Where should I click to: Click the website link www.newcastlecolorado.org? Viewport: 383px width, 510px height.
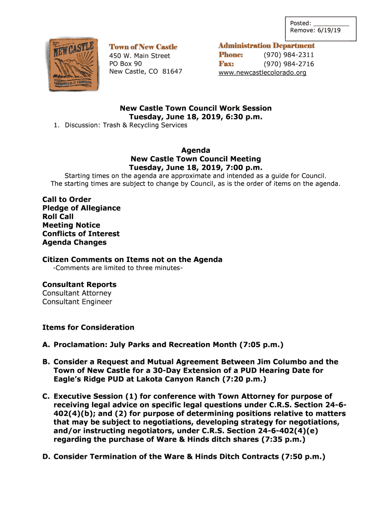(x=262, y=73)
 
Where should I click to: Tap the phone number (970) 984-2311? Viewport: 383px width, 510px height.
(x=288, y=55)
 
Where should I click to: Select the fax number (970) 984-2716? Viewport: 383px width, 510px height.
(x=288, y=64)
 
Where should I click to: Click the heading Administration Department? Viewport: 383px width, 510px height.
(x=266, y=46)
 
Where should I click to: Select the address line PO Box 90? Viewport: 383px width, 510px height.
(x=125, y=64)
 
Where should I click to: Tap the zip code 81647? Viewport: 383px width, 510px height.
(x=172, y=72)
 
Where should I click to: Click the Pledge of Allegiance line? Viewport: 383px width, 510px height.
(x=81, y=208)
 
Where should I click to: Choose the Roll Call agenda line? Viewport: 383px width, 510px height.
(x=58, y=217)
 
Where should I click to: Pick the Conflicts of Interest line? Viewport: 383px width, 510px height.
(x=81, y=234)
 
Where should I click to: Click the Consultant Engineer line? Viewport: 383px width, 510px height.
(x=77, y=302)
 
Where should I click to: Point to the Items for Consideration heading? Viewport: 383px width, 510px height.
(x=88, y=327)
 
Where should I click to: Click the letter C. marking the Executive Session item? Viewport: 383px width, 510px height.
(x=46, y=396)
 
